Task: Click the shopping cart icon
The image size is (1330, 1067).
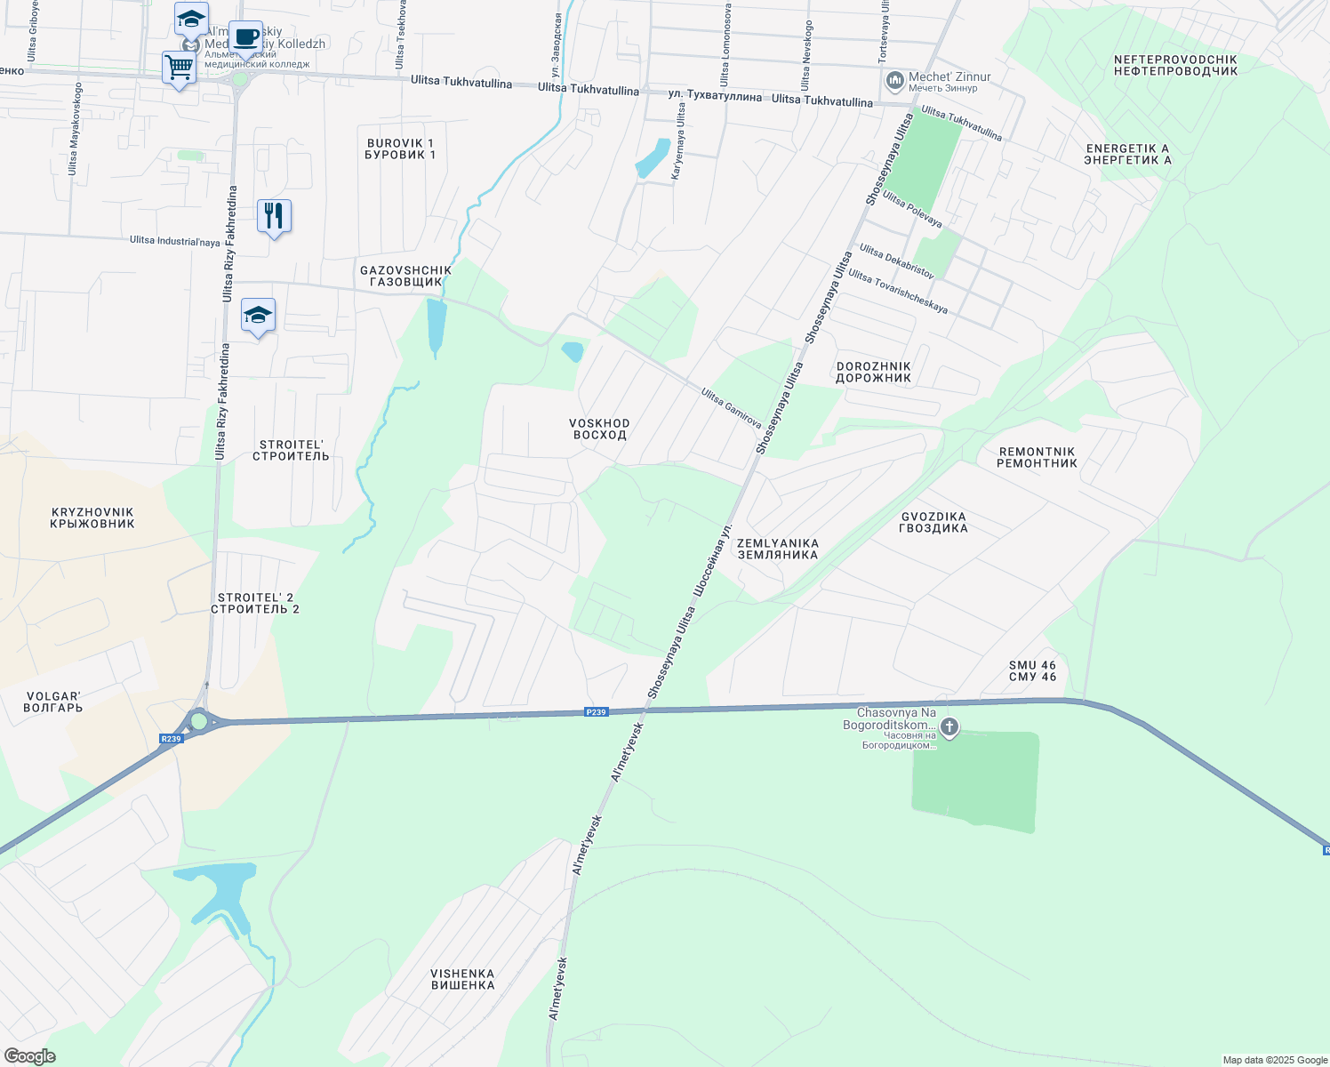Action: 180,68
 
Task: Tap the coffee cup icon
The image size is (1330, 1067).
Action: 246,38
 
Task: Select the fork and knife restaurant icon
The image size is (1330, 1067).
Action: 274,216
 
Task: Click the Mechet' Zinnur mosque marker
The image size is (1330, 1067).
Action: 895,82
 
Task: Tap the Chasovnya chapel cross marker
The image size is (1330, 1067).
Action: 949,728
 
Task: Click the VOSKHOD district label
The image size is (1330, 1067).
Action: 599,429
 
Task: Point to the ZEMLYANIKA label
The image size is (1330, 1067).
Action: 778,549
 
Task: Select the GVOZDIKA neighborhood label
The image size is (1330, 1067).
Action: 933,522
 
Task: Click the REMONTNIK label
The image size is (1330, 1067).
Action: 1037,457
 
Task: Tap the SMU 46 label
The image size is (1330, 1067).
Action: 1033,670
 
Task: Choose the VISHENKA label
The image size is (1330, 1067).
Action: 462,979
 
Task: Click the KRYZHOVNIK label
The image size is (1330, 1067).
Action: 92,517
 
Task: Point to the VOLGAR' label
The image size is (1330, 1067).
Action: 53,702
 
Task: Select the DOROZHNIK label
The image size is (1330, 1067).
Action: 874,372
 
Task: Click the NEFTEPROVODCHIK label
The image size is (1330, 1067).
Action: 1175,65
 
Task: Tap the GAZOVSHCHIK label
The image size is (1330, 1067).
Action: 405,276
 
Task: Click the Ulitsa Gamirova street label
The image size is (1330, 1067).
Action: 731,407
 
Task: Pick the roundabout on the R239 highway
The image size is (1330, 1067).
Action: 199,721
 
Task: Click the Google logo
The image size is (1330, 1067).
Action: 30,1056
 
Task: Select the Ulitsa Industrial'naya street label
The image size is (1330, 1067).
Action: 174,241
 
